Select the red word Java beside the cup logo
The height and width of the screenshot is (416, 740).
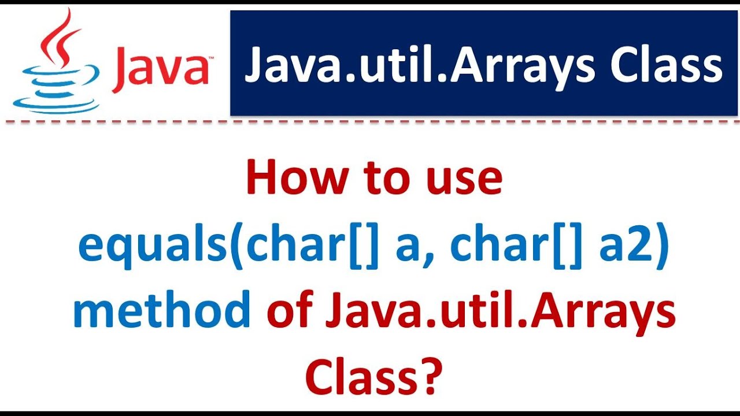[161, 68]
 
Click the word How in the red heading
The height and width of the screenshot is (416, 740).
[289, 179]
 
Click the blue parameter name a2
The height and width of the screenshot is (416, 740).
[624, 247]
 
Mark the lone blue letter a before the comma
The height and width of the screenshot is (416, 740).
[408, 250]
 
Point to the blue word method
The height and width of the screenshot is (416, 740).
[161, 312]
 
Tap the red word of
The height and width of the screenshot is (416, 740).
[291, 312]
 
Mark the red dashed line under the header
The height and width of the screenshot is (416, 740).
[370, 122]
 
